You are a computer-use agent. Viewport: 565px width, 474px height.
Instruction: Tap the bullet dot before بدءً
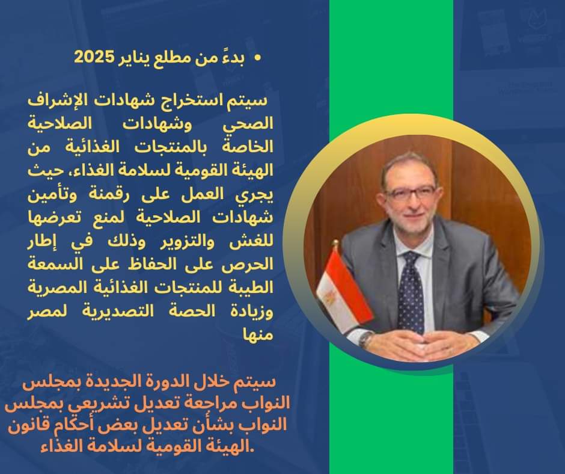click(x=257, y=58)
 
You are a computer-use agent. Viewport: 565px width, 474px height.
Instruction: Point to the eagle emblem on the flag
click(x=330, y=297)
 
